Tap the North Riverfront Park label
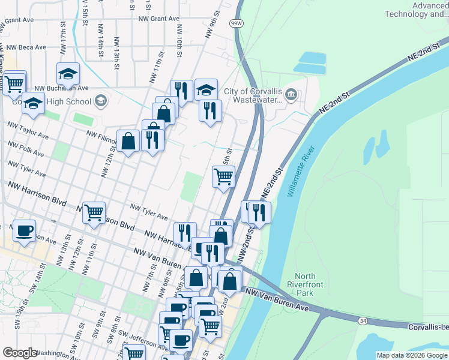[297, 285]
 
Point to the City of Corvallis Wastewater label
[253, 96]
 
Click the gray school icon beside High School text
[100, 101]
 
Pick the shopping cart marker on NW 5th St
[223, 177]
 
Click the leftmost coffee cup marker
[24, 230]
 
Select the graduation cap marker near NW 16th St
[68, 74]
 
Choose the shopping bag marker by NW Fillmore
[128, 142]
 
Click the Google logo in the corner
[20, 353]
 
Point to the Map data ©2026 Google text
[411, 355]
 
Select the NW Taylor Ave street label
[28, 131]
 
